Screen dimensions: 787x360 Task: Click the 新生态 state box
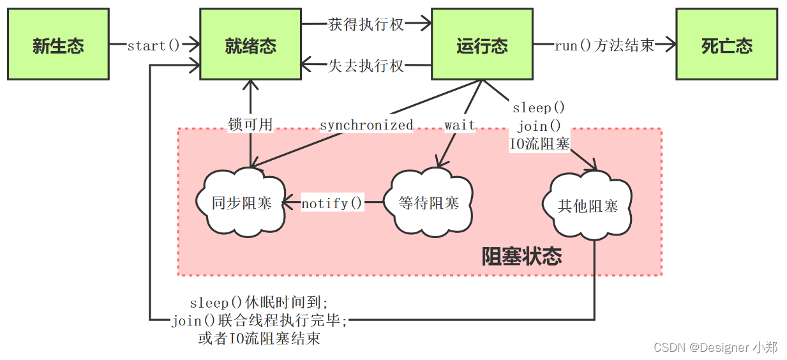coord(58,44)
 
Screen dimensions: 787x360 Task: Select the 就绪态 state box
coord(250,44)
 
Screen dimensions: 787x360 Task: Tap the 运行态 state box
coord(482,44)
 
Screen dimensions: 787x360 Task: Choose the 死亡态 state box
coord(726,44)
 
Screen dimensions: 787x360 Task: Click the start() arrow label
coord(154,45)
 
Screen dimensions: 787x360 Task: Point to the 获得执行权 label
coord(366,24)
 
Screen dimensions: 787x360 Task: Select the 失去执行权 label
coord(366,66)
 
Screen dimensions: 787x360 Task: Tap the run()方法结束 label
coord(604,45)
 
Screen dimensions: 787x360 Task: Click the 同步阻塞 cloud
coord(241,202)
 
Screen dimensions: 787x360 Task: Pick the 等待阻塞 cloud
coord(428,202)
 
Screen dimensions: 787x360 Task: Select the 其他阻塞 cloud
coord(587,206)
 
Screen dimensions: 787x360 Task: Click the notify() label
coord(332,203)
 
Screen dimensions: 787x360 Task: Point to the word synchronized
coord(366,125)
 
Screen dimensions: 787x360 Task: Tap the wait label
coord(460,124)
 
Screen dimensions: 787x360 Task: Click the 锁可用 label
coord(250,124)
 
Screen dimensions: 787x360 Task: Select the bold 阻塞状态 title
coord(521,256)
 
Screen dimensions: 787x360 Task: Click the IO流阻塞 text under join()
coord(539,144)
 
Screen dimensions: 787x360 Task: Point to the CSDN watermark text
coord(716,347)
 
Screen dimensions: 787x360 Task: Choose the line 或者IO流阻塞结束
coord(259,338)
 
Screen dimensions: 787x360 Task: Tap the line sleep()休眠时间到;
coord(259,302)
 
